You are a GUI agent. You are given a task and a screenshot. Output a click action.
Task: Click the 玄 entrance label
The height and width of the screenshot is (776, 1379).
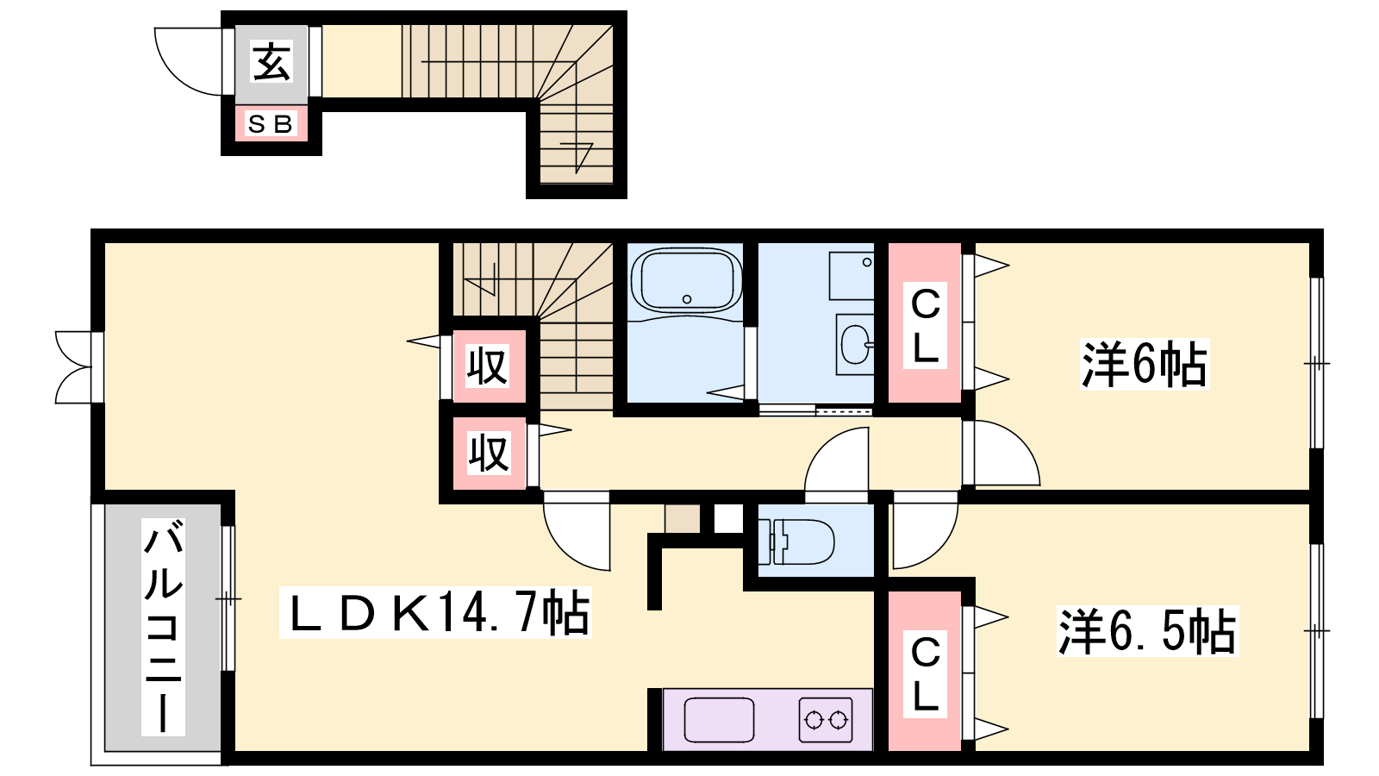(x=271, y=61)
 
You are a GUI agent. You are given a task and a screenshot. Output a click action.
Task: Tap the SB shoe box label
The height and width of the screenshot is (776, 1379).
(x=271, y=124)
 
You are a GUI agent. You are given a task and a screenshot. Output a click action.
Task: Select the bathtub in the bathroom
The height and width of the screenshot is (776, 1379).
(x=686, y=281)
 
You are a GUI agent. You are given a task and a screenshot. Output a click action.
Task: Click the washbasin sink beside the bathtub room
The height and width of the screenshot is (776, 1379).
(x=855, y=345)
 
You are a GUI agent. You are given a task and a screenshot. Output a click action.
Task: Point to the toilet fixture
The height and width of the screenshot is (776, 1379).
(x=796, y=542)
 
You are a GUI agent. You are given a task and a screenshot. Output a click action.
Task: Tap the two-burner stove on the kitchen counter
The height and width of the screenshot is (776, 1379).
(x=826, y=719)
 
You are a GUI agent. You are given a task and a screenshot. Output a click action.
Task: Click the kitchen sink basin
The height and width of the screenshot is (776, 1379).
(x=719, y=720)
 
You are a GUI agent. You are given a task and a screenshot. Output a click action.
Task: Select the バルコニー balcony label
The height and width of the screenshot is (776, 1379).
(x=163, y=627)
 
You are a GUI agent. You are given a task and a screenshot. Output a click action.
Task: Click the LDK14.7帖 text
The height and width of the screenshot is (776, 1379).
(x=436, y=612)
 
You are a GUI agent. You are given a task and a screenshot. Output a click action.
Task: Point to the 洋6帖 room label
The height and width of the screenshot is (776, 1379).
(x=1145, y=364)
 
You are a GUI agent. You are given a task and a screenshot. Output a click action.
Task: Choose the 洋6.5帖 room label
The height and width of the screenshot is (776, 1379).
(x=1147, y=631)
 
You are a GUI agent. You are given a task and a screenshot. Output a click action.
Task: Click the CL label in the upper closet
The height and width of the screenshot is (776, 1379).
(x=925, y=326)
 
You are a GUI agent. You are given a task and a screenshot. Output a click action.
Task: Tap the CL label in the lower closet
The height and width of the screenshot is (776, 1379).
(x=925, y=674)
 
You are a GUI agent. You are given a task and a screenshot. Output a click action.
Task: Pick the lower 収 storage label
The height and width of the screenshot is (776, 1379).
(x=489, y=454)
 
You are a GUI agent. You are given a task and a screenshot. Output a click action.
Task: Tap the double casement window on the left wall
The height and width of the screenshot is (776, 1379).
(x=74, y=367)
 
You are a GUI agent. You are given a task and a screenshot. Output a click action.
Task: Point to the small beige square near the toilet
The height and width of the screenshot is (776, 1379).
(x=683, y=518)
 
